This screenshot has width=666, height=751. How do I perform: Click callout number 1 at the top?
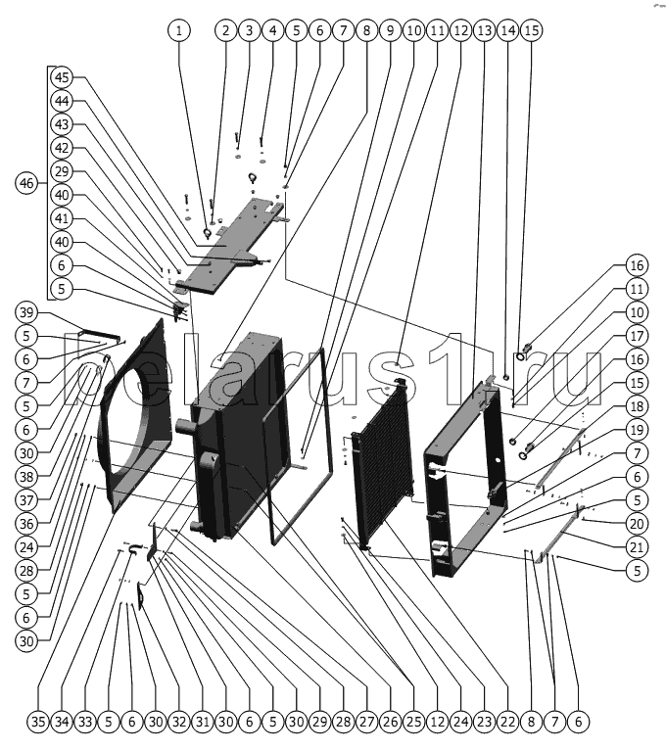[x=178, y=31]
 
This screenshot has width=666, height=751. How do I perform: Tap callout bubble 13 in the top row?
[x=483, y=31]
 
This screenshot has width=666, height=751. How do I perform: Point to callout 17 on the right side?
[x=637, y=335]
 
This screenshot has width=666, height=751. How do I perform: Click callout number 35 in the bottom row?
[x=37, y=722]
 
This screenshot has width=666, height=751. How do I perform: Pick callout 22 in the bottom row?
[x=506, y=722]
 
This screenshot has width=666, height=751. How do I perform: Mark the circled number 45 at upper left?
[x=63, y=77]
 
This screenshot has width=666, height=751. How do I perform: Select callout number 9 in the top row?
[x=389, y=31]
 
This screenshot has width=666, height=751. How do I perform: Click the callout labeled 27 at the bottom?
[x=365, y=722]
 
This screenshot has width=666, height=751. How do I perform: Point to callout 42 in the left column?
[x=63, y=148]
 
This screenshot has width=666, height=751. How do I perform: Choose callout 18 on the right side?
[x=637, y=404]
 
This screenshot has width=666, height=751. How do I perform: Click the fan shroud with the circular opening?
[x=132, y=411]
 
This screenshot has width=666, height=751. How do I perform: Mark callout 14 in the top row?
[x=506, y=31]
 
